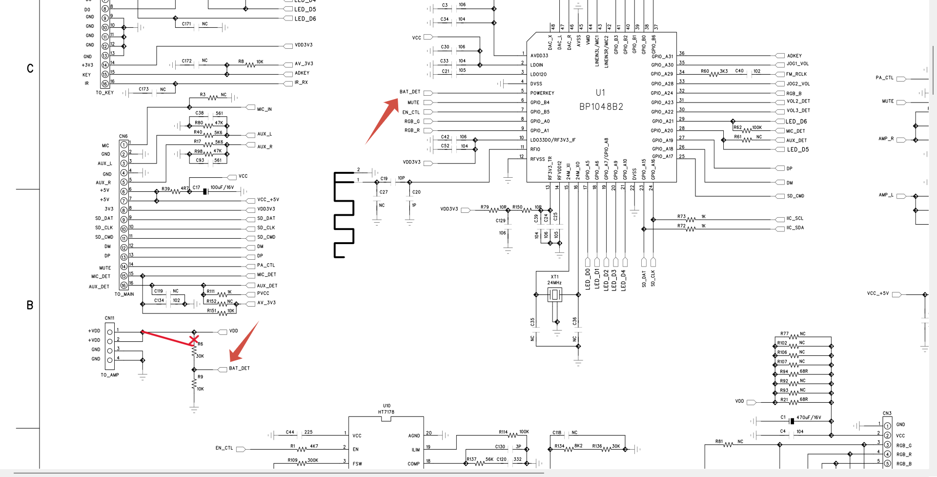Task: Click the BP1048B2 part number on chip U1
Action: [x=601, y=107]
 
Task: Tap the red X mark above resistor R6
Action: [x=194, y=339]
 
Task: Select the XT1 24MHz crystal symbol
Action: [x=554, y=294]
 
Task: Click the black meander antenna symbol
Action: [x=344, y=214]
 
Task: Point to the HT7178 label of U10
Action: [x=386, y=412]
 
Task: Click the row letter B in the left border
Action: [x=30, y=306]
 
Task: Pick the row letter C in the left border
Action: [x=30, y=69]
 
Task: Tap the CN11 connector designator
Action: [x=109, y=318]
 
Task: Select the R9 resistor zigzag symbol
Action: [x=194, y=383]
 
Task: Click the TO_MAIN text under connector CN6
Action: [x=124, y=294]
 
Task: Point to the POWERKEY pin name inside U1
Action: [x=542, y=93]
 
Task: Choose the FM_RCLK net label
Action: [x=796, y=74]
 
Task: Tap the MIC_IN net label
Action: [x=264, y=109]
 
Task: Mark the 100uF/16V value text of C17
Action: [x=222, y=187]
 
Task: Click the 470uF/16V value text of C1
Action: [x=809, y=417]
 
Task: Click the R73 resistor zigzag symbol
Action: [x=691, y=220]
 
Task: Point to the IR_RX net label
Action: [x=301, y=83]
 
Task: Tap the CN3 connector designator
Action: [x=887, y=414]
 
